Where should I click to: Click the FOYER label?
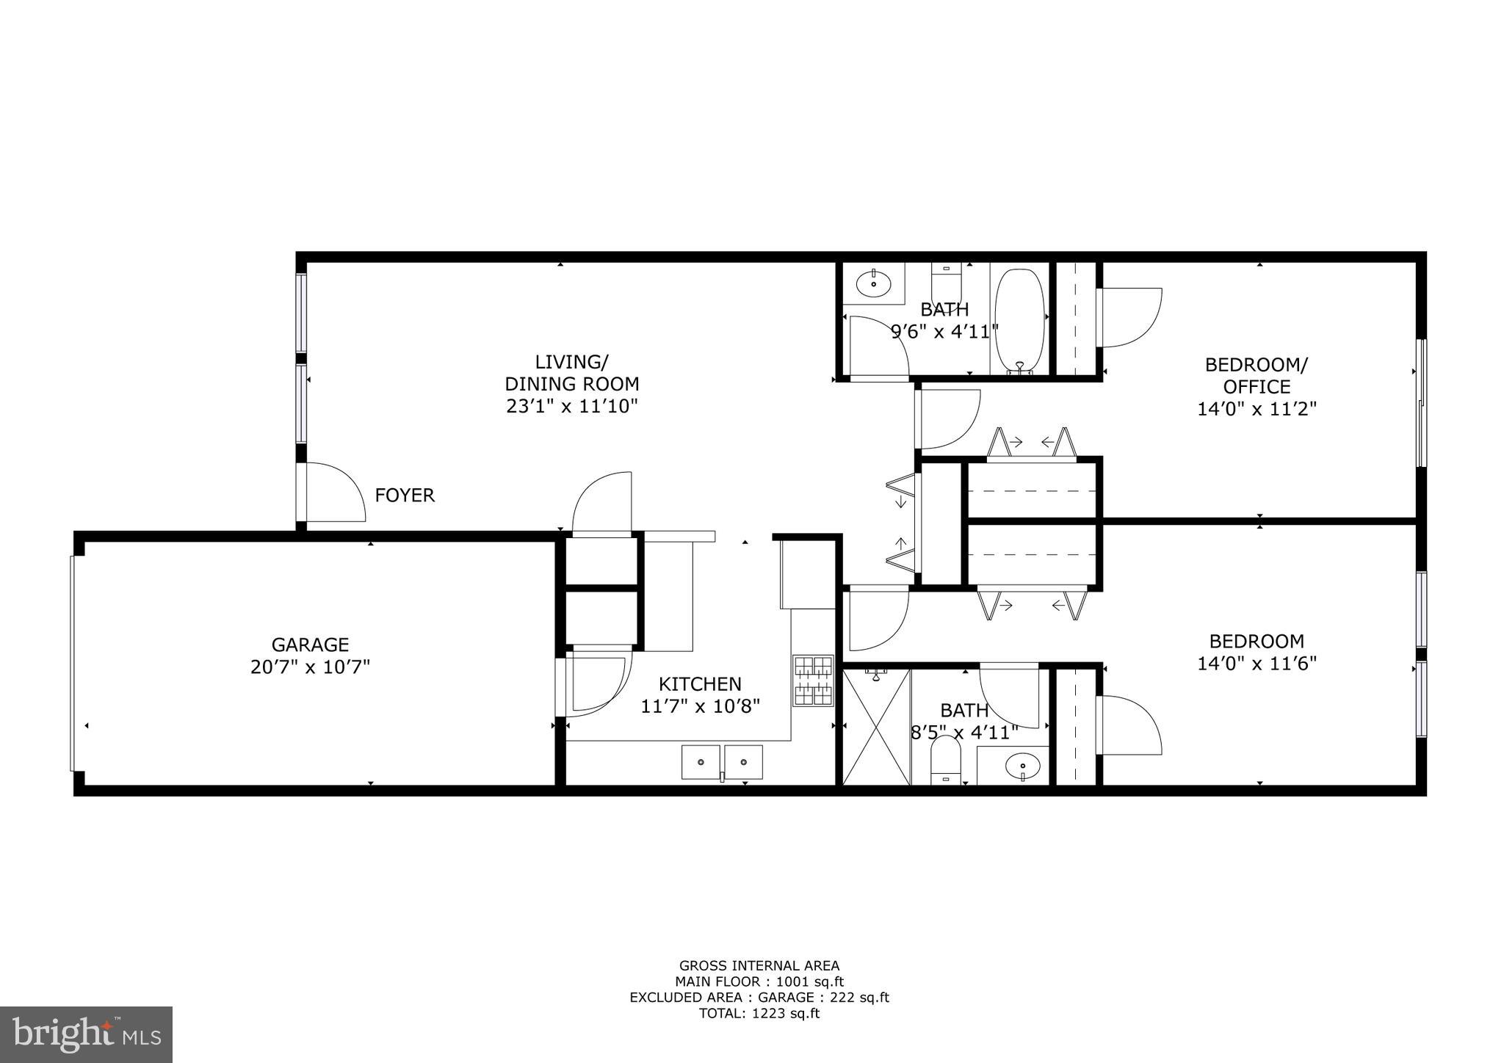405,496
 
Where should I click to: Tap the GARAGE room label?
310,645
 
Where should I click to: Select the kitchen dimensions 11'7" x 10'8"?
700,706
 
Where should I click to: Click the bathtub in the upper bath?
1019,320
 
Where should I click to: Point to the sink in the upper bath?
873,283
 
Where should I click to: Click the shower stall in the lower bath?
877,727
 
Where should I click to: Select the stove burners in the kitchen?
813,680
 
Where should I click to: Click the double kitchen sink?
722,762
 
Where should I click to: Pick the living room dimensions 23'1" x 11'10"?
571,406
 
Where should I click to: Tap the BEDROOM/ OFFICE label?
1257,375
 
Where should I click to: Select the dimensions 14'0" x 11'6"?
1257,664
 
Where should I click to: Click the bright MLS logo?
86,1034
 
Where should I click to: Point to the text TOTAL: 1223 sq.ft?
759,1014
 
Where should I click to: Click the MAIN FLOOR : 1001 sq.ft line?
759,982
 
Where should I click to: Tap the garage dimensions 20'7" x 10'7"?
310,667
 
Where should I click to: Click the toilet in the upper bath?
946,280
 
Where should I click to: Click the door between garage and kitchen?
591,683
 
